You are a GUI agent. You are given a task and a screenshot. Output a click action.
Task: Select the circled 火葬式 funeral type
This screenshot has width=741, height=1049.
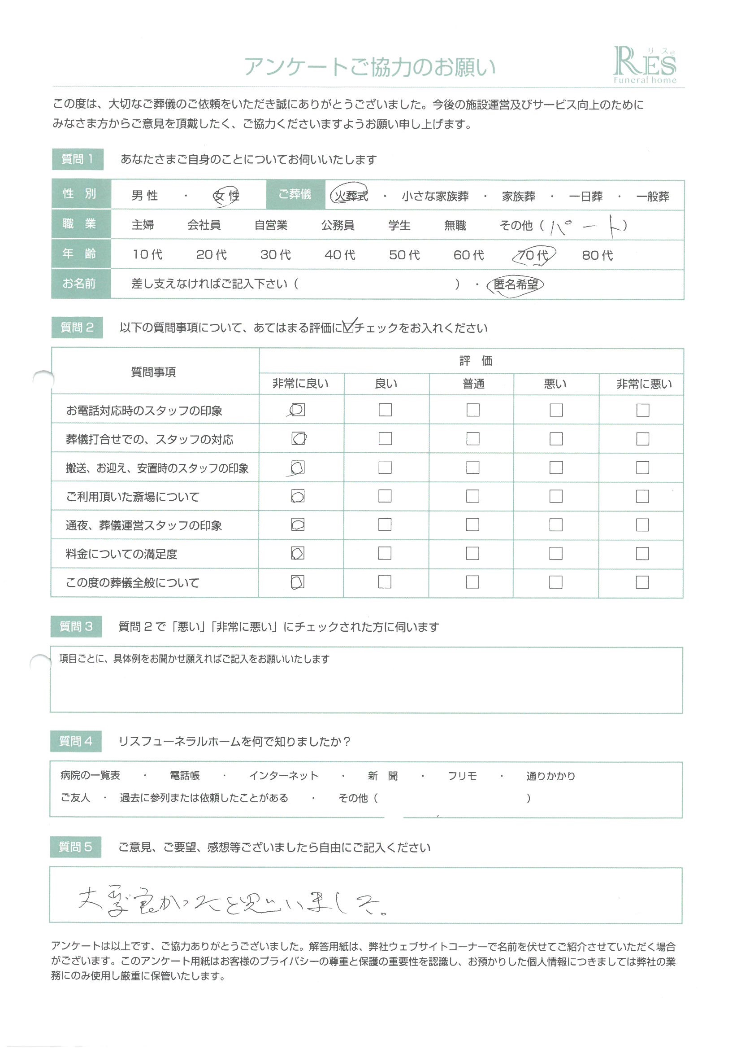350,196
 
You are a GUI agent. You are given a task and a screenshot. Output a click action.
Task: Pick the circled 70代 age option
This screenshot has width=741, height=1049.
533,255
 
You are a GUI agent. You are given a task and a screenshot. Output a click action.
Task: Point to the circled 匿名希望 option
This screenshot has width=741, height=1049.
516,284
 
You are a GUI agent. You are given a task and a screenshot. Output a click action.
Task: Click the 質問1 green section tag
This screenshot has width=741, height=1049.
78,159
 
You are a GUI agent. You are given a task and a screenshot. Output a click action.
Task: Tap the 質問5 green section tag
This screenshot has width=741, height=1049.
76,847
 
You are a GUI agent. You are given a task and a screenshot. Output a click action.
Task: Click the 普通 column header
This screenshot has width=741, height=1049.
473,384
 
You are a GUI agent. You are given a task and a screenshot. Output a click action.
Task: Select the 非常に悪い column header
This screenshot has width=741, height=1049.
644,384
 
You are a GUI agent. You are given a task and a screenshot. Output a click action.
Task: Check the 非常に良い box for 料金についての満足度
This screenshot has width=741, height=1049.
298,553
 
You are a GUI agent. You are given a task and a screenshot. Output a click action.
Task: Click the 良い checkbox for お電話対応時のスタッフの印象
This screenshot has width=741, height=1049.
385,410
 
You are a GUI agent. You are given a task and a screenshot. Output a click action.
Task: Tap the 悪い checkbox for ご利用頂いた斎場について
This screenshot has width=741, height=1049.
555,496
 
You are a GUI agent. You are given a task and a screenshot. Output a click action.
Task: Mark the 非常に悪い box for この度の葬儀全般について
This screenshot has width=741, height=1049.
642,582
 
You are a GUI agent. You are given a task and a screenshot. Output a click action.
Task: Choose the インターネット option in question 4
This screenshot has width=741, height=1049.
283,776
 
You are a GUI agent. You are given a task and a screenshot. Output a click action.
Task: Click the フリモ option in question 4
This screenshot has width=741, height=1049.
462,776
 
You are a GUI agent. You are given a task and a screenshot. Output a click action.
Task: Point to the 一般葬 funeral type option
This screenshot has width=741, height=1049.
652,197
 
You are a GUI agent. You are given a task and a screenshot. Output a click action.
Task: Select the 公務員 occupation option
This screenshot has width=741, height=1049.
338,225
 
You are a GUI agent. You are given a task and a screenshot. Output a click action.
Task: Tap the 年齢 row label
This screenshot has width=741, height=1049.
79,254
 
